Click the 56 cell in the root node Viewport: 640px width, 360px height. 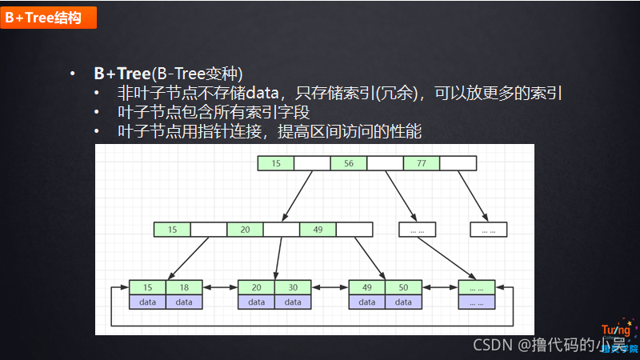tap(348, 163)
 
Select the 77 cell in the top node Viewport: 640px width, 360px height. tap(421, 163)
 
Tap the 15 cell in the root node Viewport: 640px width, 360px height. tap(276, 163)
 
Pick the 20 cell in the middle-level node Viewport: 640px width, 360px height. tap(245, 230)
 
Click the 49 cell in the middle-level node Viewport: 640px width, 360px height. tap(318, 230)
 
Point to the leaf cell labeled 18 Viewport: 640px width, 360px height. tap(184, 287)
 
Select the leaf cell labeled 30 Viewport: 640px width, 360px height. tap(293, 287)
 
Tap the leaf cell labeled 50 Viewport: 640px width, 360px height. tap(403, 287)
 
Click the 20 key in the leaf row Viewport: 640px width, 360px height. tap(257, 287)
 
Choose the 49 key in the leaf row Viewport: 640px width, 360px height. tap(367, 287)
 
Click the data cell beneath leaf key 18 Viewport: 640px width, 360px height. tap(184, 302)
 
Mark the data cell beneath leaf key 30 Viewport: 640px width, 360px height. tap(293, 302)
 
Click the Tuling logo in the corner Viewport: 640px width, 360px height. tap(619, 338)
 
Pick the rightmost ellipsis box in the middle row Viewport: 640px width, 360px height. tap(488, 230)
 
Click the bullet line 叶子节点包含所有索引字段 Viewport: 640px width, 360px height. tap(213, 112)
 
